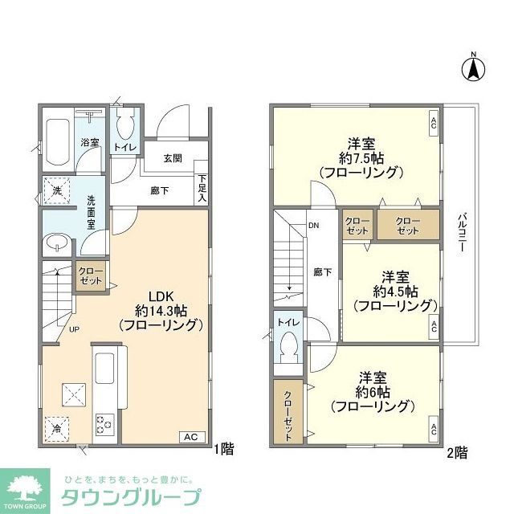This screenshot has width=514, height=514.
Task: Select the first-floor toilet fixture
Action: (x=124, y=126)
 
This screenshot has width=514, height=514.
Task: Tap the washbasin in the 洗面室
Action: (x=56, y=242)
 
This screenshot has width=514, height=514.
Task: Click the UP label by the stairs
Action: (x=74, y=330)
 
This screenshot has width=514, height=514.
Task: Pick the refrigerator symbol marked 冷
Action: (x=56, y=426)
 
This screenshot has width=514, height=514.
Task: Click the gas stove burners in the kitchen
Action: (x=105, y=423)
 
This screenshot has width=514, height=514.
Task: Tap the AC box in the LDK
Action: (x=190, y=437)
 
